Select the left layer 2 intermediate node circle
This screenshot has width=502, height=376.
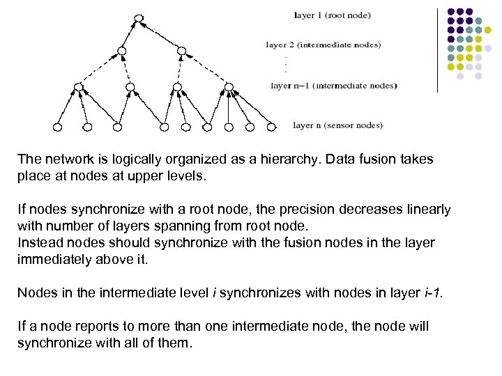[122, 52]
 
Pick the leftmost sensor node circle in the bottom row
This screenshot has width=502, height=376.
[58, 127]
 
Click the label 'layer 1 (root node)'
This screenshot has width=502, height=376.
[333, 15]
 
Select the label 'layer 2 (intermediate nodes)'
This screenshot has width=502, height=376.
[324, 45]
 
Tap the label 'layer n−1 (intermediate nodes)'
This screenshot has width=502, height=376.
[333, 86]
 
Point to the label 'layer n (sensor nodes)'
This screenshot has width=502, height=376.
[337, 126]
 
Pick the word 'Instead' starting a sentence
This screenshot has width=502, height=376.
[40, 243]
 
